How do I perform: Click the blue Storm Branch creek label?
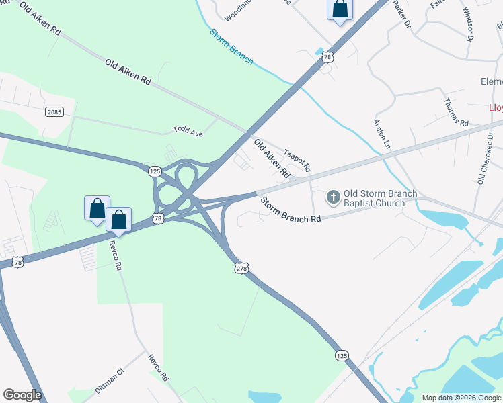tap(231, 46)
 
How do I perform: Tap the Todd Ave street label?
tap(188, 130)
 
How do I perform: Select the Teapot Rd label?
tap(297, 159)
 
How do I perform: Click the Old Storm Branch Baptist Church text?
tap(380, 198)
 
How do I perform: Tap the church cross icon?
tap(332, 198)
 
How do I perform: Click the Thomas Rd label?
tap(455, 111)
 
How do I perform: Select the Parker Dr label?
tap(401, 14)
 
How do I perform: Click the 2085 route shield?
tap(54, 111)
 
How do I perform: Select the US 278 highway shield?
tap(242, 269)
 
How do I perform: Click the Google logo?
tap(22, 395)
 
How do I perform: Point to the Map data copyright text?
tap(461, 398)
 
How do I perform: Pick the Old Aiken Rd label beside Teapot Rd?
tap(272, 159)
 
